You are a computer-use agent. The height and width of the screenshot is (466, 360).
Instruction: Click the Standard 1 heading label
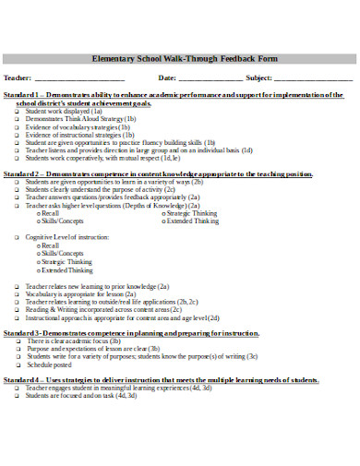tap(22, 95)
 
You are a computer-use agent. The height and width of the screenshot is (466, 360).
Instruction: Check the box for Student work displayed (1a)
tap(18, 112)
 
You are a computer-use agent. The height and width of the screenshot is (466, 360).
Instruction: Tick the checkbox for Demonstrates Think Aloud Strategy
tap(18, 119)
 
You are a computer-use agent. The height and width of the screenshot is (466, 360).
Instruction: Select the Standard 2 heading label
tap(22, 173)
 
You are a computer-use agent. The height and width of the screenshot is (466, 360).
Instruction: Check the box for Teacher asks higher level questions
tap(18, 205)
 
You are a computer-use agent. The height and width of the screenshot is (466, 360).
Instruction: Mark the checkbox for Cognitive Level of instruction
tap(18, 238)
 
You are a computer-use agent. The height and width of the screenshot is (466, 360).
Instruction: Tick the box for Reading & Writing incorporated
tap(18, 308)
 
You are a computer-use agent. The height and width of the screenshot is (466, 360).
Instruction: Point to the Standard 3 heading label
tap(22, 331)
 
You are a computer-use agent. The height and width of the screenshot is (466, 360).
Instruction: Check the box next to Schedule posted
tap(18, 364)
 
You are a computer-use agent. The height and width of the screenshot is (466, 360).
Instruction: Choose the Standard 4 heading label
tap(22, 378)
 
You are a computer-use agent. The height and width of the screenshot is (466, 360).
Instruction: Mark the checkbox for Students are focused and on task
tap(18, 395)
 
